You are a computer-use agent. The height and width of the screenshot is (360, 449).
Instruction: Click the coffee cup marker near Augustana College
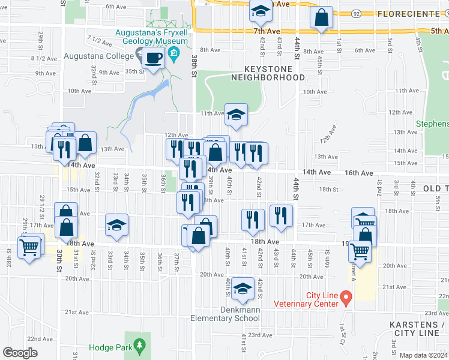tap(154, 59)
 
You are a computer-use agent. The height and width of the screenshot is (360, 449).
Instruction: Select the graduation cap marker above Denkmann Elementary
tap(243, 290)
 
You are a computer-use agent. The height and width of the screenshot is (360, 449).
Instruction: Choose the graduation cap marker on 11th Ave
tap(237, 114)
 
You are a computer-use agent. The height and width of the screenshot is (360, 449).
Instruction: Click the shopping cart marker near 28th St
tap(29, 246)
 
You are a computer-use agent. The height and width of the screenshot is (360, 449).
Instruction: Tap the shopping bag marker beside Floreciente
tap(322, 18)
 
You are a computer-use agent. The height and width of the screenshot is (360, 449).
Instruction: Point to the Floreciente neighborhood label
tap(408, 13)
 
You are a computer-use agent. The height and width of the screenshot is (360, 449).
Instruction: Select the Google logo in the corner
tap(20, 353)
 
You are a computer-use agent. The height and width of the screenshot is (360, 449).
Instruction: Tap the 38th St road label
tap(194, 66)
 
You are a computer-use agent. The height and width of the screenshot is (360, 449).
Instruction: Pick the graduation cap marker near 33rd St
tap(116, 226)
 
